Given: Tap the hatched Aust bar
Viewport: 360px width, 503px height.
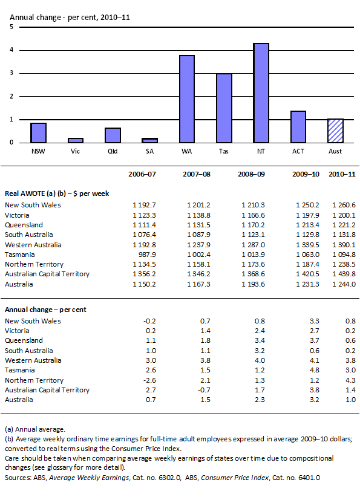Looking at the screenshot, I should coord(335,131).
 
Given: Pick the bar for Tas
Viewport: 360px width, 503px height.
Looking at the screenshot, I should coord(224,108).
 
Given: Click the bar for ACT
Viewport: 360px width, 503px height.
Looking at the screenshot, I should coord(298,127).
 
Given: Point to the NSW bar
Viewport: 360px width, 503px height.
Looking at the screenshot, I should coord(38,132).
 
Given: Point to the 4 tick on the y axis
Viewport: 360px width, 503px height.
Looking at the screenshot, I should coord(12,50).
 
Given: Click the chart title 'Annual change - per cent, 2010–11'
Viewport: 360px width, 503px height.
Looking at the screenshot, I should coord(70,17).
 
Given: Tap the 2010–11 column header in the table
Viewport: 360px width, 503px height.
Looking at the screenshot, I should coord(342,174).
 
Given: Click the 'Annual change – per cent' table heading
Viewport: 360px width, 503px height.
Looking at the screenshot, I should coord(45,309).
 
